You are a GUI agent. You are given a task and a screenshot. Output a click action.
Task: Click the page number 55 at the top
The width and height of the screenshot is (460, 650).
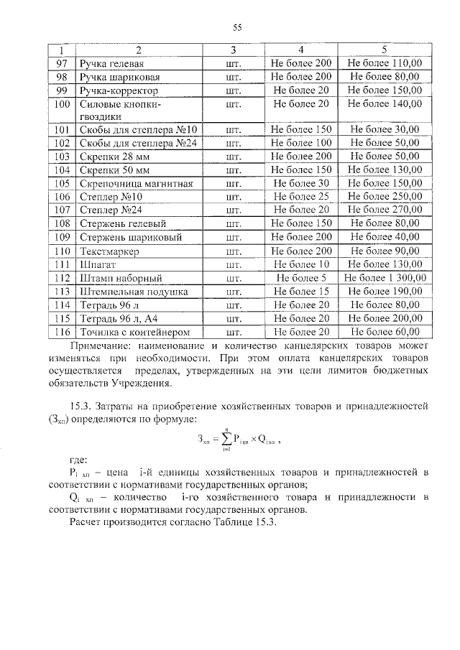tap(236, 27)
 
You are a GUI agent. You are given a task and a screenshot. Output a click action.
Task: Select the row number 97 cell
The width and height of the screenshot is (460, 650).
tap(61, 63)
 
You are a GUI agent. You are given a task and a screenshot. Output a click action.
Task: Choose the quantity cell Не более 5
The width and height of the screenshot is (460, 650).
tap(301, 277)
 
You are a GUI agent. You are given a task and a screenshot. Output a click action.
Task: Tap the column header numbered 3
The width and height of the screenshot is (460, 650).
tap(233, 50)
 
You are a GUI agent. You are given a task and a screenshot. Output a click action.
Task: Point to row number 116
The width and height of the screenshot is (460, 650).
tap(61, 331)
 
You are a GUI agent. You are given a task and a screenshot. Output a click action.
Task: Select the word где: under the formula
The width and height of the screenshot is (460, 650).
tap(79, 459)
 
